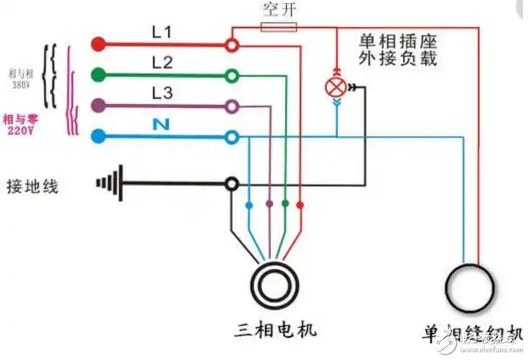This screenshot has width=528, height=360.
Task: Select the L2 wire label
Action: click(x=163, y=63)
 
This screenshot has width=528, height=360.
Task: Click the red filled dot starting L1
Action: click(x=99, y=45)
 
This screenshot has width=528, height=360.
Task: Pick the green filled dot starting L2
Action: click(x=99, y=74)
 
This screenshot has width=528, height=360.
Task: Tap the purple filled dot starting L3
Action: click(x=99, y=105)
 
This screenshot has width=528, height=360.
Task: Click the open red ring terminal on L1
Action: click(x=232, y=45)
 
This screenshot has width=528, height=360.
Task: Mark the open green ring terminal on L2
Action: click(x=232, y=75)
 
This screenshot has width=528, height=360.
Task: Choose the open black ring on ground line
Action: click(x=232, y=184)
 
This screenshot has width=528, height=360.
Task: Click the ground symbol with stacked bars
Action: click(x=109, y=184)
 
